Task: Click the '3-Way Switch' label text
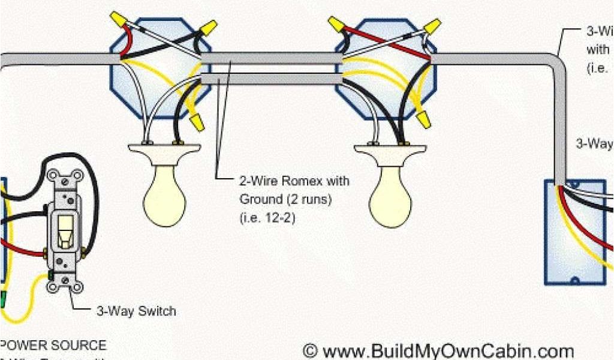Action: [x=136, y=311]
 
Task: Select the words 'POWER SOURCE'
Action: [x=54, y=346]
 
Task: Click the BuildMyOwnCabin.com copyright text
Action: [x=438, y=350]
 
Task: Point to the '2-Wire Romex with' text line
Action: [x=294, y=181]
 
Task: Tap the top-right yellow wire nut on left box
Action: [x=208, y=27]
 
